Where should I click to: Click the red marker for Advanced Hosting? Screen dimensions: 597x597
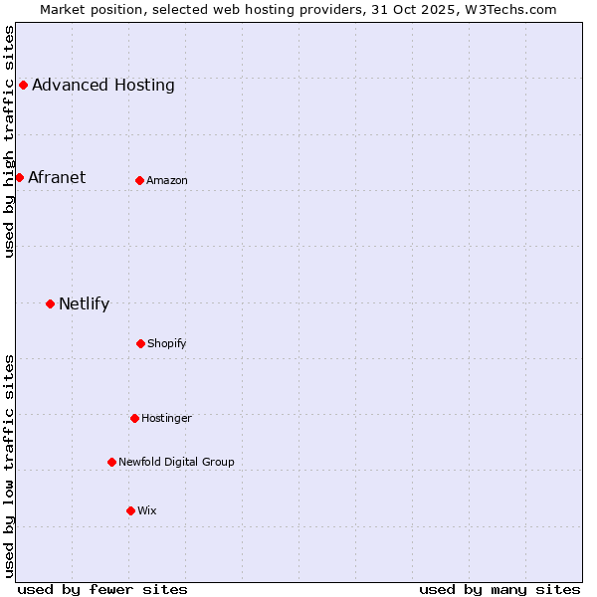click(x=23, y=85)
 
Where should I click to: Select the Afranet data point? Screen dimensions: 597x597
click(x=19, y=177)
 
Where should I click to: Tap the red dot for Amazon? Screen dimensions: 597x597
click(x=139, y=180)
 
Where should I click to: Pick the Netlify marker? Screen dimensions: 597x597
click(x=50, y=303)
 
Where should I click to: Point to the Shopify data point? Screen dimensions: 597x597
click(x=140, y=343)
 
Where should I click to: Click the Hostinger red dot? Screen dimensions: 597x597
click(x=134, y=418)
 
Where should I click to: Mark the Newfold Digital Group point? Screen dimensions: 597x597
click(x=111, y=462)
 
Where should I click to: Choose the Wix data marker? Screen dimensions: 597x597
click(x=130, y=510)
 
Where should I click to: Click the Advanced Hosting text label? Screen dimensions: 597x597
click(x=102, y=85)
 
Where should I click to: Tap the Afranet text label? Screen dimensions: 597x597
click(x=57, y=177)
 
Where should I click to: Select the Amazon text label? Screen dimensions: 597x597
click(x=167, y=180)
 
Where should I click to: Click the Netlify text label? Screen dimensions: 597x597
click(x=84, y=303)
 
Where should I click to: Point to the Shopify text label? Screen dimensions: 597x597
click(x=167, y=343)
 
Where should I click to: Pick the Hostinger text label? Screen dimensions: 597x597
click(x=166, y=418)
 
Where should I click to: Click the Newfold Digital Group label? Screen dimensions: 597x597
click(x=176, y=462)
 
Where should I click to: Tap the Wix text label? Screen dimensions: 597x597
click(x=147, y=510)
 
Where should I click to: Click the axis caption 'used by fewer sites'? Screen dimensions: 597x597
click(x=102, y=589)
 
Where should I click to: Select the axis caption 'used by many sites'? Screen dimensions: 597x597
click(x=499, y=589)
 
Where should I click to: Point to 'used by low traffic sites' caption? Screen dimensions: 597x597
click(x=9, y=465)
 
